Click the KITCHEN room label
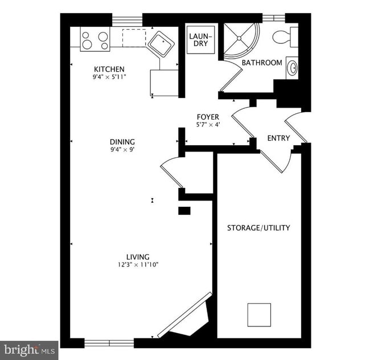tap(109, 69)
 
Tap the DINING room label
tap(122, 142)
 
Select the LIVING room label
tap(138, 256)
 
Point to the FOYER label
tap(208, 117)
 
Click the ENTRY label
tap(278, 138)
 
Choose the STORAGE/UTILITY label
tap(258, 228)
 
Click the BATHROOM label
tap(262, 63)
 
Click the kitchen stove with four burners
tap(95, 39)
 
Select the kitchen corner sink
tap(161, 43)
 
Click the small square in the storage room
tap(259, 314)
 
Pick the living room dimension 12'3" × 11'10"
tap(138, 264)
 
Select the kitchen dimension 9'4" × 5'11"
tap(109, 77)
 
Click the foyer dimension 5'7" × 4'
tap(208, 125)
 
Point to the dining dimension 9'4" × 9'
tap(122, 150)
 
